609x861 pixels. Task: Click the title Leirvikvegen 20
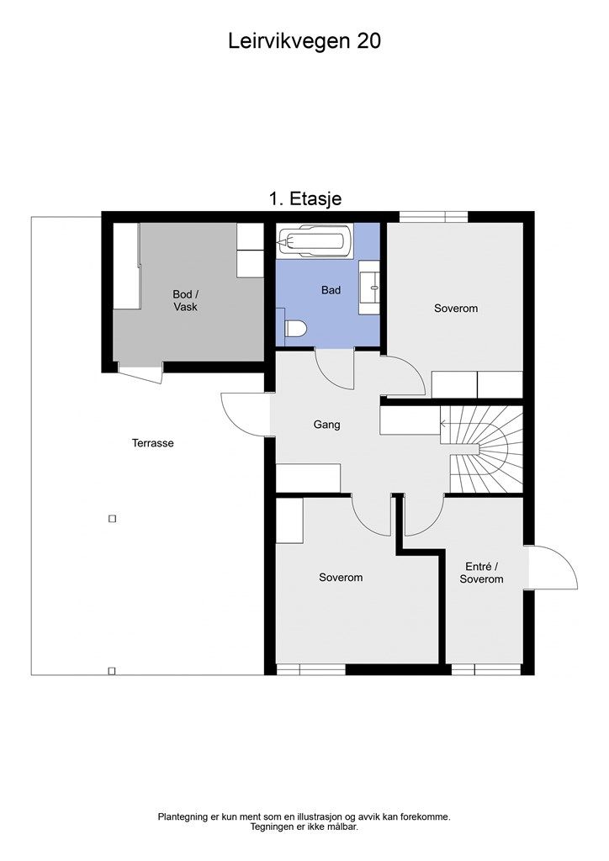click(x=304, y=41)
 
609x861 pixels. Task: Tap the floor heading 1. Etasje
click(x=304, y=198)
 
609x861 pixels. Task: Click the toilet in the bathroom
click(x=294, y=330)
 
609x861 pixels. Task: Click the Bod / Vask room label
click(x=184, y=301)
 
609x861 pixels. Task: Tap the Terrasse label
click(x=152, y=443)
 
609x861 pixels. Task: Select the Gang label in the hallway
click(x=326, y=425)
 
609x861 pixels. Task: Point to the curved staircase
click(x=486, y=449)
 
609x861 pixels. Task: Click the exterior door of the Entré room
click(x=552, y=568)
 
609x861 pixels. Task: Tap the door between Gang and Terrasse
click(x=246, y=414)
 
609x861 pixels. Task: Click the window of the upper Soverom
click(x=433, y=217)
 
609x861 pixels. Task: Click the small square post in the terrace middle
click(x=112, y=519)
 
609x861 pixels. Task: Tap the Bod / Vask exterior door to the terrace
click(x=140, y=372)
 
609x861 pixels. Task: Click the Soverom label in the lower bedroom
click(x=341, y=578)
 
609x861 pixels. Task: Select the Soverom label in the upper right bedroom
click(x=455, y=309)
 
